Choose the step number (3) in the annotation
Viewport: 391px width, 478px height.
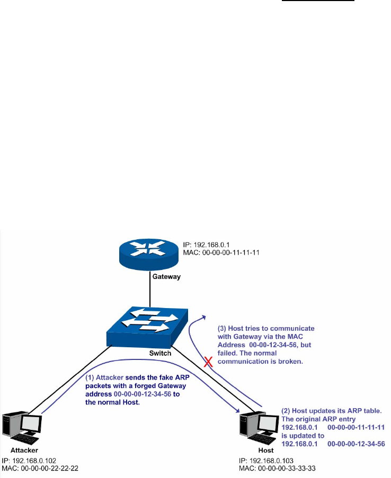click(224, 328)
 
